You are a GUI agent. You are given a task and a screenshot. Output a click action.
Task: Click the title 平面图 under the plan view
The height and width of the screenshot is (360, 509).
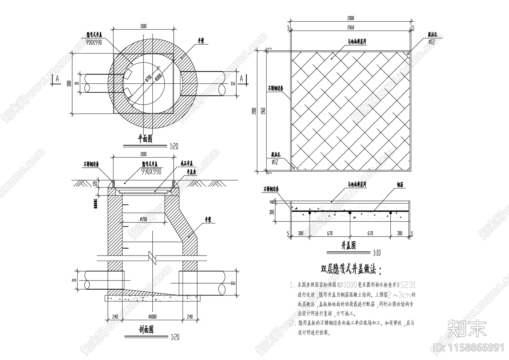(145, 139)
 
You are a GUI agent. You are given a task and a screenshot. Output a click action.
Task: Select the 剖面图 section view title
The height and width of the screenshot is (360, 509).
(146, 330)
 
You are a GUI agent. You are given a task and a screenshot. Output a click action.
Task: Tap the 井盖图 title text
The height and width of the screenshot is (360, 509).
(348, 245)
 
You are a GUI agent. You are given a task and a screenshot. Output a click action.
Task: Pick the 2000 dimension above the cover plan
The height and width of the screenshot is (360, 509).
(350, 18)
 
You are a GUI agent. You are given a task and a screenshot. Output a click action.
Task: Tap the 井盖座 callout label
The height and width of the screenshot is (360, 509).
(191, 172)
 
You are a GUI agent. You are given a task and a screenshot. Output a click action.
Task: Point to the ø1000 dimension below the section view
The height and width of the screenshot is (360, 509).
(153, 317)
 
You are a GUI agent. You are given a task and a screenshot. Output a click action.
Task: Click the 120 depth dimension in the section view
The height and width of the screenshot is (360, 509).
(94, 184)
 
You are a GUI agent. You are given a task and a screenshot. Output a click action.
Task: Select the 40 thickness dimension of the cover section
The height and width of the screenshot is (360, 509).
(272, 202)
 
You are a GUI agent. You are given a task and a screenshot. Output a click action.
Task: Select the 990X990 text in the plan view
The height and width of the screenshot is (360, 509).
(94, 42)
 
